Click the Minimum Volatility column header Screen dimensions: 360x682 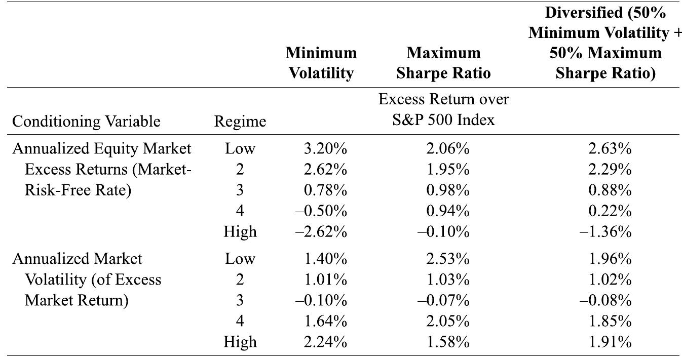click(321, 63)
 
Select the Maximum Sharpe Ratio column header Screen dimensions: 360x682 click(443, 63)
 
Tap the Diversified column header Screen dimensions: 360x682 click(605, 43)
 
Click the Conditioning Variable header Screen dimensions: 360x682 click(86, 122)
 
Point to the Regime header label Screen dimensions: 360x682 click(240, 122)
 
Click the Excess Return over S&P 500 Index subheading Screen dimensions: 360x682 click(443, 110)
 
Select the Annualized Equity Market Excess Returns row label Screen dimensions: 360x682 click(101, 169)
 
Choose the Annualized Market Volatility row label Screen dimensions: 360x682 click(86, 279)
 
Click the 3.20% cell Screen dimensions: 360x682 click(327, 149)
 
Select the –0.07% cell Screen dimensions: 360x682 click(444, 301)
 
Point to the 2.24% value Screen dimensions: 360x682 click(327, 342)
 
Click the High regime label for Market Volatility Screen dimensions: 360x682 click(240, 342)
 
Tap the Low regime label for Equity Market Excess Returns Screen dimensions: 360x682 click(240, 149)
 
